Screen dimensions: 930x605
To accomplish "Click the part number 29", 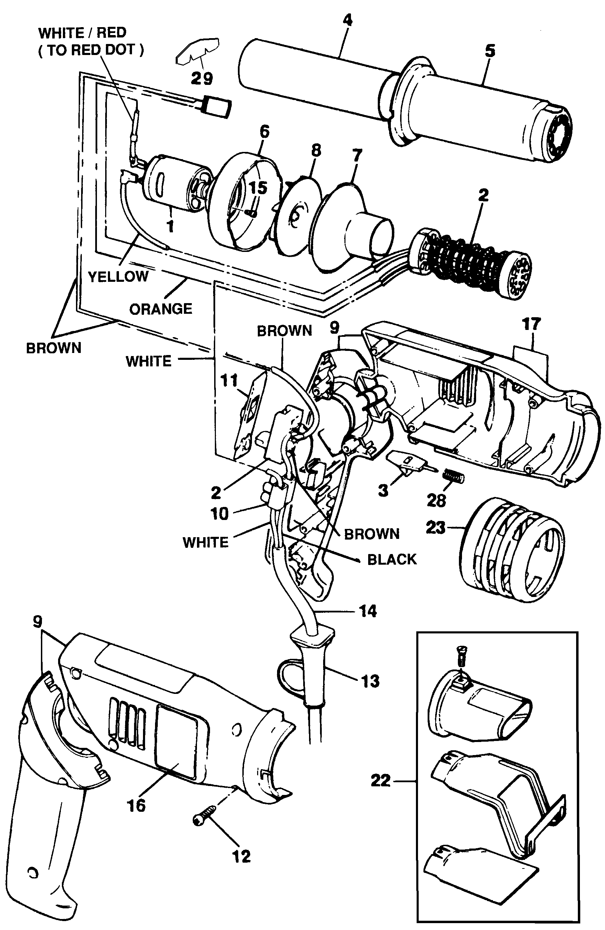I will click(202, 79).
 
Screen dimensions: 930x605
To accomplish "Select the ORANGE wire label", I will click(161, 309).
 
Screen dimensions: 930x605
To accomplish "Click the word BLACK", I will click(392, 560).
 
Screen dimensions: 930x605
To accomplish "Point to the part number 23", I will click(436, 528).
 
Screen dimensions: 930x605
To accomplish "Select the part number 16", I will click(136, 805).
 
